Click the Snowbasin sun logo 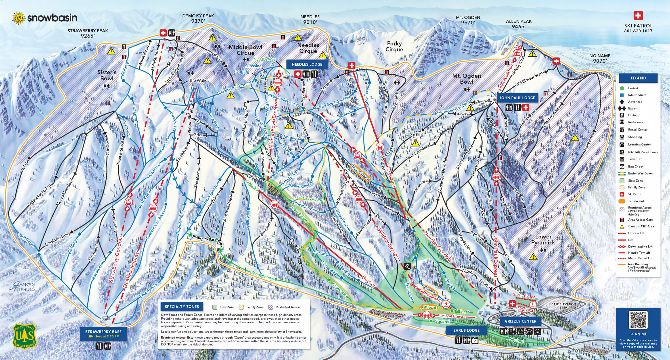pos(19,18)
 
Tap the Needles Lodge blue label pos(307,64)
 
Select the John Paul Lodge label pos(517,98)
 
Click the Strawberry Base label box pos(103,333)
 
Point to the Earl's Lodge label pos(466,330)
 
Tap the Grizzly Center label pos(520,321)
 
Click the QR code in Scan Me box pos(638,320)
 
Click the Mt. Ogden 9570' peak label pos(468,20)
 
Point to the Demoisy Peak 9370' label pos(198,19)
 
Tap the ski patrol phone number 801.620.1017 pos(638,31)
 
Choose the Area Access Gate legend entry pos(640,220)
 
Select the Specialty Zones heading pos(182,307)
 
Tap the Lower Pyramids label pos(543,239)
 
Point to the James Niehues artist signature pos(22,286)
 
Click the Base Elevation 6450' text pos(563,306)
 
